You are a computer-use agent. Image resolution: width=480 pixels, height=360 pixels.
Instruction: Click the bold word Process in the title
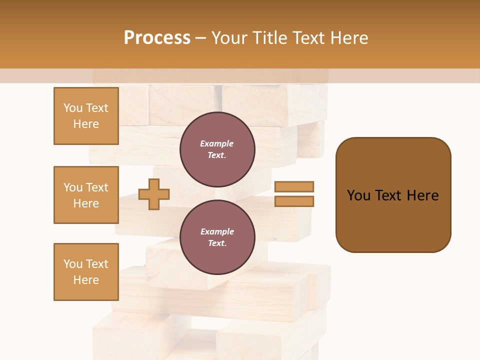157,38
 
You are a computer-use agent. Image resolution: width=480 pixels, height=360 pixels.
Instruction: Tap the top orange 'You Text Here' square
86,116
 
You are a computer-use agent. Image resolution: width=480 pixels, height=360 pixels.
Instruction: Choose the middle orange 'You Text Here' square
86,195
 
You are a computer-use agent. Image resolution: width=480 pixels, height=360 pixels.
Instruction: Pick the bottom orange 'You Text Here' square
86,272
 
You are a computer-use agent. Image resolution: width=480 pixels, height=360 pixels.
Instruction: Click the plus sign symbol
154,194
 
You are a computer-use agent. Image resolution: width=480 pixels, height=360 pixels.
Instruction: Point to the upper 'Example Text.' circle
217,149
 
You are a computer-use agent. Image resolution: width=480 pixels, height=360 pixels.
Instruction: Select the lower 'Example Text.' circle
217,237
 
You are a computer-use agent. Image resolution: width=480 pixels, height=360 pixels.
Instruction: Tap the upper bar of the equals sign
294,186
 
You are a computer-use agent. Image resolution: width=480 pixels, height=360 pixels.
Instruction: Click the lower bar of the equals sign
294,201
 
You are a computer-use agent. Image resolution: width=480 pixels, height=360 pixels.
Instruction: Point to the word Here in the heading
348,38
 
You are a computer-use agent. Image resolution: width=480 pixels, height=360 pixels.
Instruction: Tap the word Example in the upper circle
217,144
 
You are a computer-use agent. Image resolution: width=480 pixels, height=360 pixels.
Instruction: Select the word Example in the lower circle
217,232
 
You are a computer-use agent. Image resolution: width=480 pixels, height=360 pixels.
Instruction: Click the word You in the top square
73,108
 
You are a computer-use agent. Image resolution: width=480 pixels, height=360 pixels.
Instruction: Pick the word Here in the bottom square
86,280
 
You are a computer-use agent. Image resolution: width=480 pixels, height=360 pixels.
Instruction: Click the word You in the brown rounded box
358,195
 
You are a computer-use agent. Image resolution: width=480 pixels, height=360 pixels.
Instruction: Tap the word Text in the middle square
97,187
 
